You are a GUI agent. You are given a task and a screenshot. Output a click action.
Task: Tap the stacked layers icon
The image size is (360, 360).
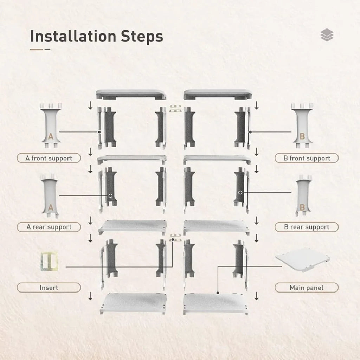(x=327, y=35)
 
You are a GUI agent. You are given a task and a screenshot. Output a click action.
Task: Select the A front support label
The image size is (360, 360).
(x=49, y=158)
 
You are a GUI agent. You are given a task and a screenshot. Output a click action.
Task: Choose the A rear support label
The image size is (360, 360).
(x=49, y=227)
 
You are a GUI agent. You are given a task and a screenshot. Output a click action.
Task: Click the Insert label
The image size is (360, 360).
(x=49, y=288)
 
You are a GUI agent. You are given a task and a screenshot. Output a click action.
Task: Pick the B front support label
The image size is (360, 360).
(x=307, y=158)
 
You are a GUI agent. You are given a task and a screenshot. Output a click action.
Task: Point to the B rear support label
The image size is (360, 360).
(x=307, y=227)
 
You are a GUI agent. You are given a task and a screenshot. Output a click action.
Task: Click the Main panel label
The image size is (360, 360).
(x=307, y=288)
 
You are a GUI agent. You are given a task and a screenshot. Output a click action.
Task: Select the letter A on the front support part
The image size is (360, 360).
(x=50, y=136)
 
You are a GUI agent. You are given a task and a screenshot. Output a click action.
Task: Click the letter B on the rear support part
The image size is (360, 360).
(x=302, y=207)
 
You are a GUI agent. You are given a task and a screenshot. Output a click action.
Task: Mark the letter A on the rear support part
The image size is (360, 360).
(x=50, y=207)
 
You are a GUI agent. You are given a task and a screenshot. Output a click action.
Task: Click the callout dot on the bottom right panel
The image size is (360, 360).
(x=218, y=292)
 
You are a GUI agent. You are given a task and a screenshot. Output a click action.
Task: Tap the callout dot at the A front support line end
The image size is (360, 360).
(x=99, y=132)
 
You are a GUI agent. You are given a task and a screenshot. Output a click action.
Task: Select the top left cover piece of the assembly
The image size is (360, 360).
(x=130, y=94)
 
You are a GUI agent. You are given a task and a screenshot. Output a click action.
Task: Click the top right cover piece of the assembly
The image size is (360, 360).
(x=218, y=94)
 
